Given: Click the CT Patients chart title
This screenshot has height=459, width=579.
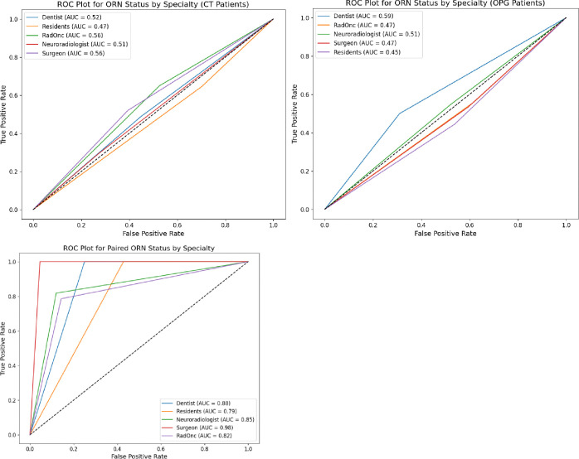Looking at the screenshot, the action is click(153, 4).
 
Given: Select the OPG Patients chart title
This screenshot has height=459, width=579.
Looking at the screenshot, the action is click(445, 3).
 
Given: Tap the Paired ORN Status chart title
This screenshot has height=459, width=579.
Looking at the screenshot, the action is click(139, 248).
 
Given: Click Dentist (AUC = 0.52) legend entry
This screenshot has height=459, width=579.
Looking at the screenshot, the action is click(71, 17).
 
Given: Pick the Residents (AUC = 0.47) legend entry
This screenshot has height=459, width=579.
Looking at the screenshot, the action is click(75, 27).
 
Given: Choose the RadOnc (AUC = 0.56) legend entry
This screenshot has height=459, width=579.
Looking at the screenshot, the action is click(72, 36).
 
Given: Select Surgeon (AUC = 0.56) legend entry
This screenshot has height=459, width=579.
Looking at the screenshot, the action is click(73, 54).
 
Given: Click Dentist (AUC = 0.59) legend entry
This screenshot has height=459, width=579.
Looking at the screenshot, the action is click(363, 17).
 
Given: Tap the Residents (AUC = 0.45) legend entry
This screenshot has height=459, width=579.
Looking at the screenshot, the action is click(367, 52).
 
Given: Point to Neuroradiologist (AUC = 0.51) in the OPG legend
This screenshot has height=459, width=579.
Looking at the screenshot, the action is click(377, 34).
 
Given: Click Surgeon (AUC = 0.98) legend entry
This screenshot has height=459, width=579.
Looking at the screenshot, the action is click(205, 428).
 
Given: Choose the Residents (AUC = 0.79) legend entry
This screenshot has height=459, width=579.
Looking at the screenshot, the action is click(207, 412).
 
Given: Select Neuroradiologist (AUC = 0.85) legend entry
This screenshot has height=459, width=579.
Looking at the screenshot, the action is click(216, 419).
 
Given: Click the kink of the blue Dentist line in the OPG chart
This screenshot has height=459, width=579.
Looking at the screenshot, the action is click(400, 114).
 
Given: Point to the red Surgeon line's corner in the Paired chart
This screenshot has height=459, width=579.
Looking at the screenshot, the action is click(40, 262).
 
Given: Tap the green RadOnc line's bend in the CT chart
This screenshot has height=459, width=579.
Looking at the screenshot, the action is click(159, 85).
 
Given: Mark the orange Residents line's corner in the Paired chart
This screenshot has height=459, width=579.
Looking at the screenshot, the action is click(123, 262).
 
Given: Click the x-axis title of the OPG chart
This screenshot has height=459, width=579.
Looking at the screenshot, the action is click(445, 234).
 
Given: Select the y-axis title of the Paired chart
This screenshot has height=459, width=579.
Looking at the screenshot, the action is click(3, 349).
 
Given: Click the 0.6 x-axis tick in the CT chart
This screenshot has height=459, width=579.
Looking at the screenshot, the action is click(178, 225).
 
